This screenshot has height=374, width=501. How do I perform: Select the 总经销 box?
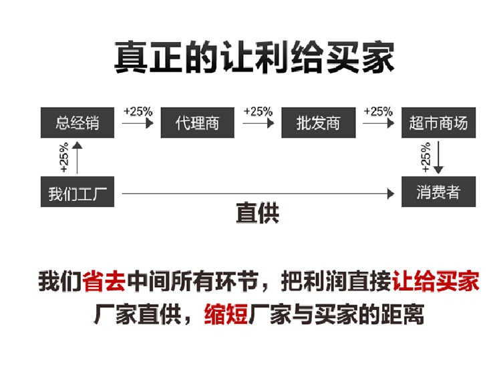[x=77, y=123]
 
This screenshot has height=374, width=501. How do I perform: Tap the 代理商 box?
[x=197, y=123]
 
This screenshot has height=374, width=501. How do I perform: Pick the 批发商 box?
[x=318, y=123]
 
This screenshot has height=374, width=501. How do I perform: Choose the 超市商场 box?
[x=438, y=123]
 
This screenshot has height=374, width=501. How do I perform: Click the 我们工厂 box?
[x=77, y=193]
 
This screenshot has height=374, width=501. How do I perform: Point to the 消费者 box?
[x=438, y=193]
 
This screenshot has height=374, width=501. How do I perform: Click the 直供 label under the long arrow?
[x=257, y=214]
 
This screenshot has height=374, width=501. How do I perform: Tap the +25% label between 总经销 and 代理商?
[x=138, y=112]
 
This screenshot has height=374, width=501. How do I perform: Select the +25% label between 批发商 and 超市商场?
[x=378, y=112]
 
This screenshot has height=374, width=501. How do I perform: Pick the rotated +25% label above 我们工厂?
[x=63, y=158]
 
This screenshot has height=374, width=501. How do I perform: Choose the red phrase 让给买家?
[x=436, y=281]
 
